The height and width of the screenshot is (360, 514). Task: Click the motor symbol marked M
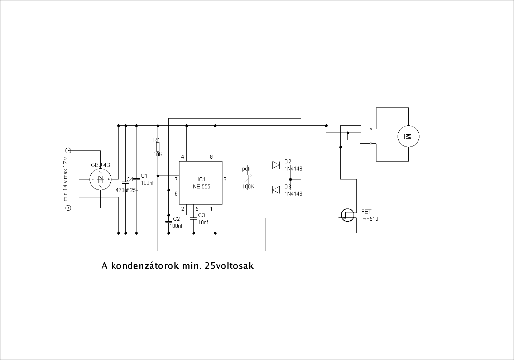[408, 136]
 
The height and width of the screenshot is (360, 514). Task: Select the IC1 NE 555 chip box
[201, 183]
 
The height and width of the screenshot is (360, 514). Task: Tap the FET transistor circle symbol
[347, 215]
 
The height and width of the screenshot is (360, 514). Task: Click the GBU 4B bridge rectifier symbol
[100, 179]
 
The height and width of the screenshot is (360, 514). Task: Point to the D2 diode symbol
[276, 165]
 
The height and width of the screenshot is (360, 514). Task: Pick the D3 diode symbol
[276, 190]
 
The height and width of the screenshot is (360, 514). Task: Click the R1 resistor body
[158, 147]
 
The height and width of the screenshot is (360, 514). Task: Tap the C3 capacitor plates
[193, 217]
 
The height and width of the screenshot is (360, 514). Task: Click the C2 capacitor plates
[168, 222]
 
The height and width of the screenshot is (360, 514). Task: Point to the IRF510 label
[370, 219]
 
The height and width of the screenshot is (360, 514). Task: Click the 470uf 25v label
[127, 190]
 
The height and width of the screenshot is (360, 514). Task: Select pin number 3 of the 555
[225, 179]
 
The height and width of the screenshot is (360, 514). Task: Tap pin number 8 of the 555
[211, 157]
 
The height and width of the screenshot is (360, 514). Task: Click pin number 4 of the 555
[182, 157]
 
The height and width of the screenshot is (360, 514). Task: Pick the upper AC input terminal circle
[68, 150]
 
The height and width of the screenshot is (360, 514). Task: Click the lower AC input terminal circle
[68, 208]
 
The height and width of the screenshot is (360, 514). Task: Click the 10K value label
[158, 154]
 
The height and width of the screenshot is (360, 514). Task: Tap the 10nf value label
[203, 222]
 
